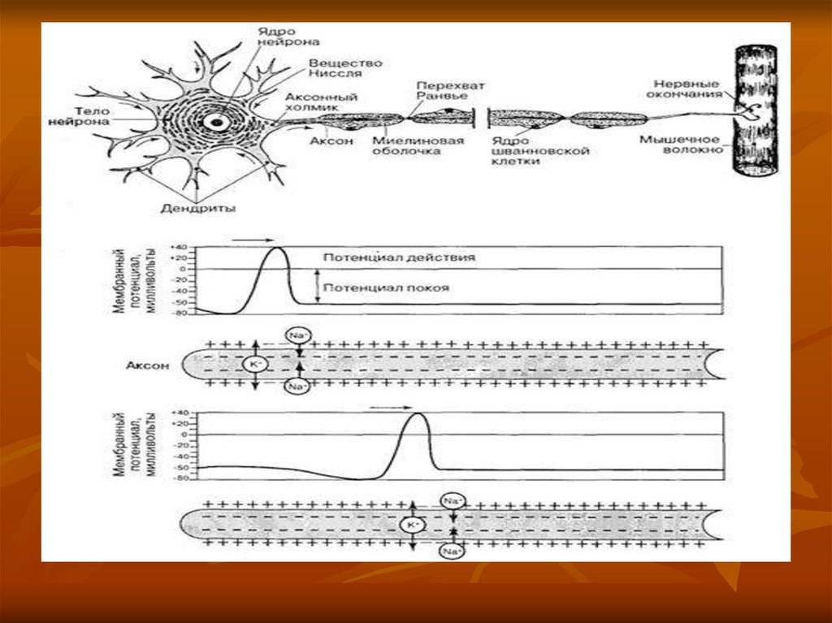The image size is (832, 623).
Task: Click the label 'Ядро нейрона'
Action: tap(289, 35)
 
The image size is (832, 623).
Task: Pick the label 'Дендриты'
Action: tap(209, 209)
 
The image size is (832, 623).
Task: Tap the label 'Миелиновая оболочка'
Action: tap(418, 145)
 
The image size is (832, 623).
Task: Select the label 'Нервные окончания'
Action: tap(684, 89)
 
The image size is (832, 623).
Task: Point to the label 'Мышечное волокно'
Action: tap(680, 145)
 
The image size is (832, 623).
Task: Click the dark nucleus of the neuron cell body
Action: tap(216, 122)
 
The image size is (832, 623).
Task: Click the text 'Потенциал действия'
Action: tap(398, 257)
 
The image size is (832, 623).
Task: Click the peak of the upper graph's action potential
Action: tap(275, 249)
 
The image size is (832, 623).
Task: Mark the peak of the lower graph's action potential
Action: tap(417, 414)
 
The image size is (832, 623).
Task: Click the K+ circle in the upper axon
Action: tap(253, 366)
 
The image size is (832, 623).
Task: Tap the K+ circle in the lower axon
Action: tap(412, 526)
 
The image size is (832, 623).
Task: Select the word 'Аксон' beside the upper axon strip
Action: tap(148, 366)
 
